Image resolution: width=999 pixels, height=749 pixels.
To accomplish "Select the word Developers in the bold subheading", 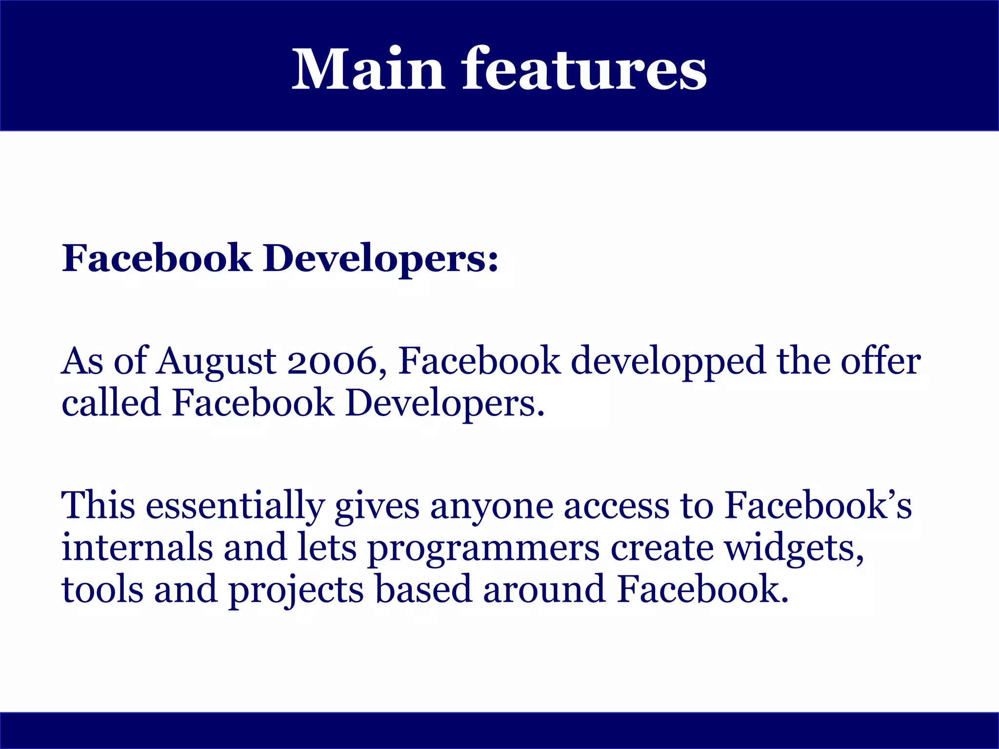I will coord(381,258).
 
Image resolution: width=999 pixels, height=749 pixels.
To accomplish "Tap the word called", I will coord(111,403).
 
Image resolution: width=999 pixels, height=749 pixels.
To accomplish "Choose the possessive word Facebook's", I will coord(818,505).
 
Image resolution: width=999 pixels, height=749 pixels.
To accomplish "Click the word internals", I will coord(137,547).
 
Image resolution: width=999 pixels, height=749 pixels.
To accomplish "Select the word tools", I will coord(102,589).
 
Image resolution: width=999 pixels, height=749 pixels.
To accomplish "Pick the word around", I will coord(544,589).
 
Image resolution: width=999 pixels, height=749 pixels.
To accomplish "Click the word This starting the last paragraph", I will coord(98,505).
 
